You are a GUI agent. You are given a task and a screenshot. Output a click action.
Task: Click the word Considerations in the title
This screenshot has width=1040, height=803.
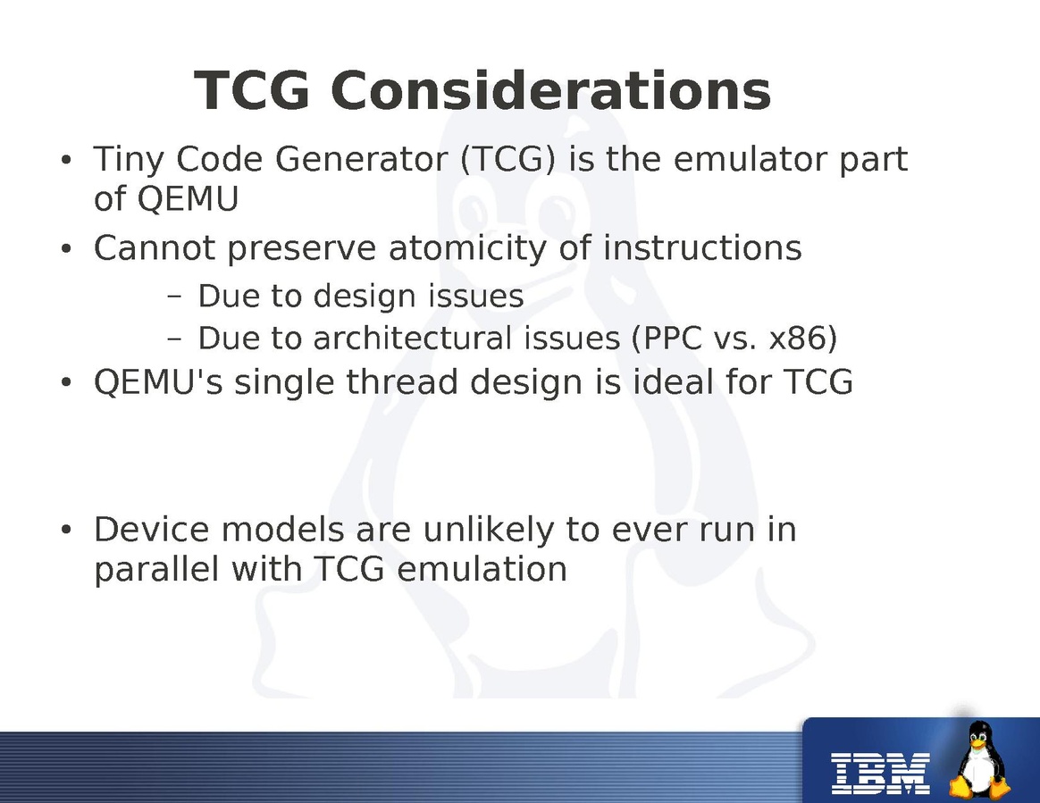click(x=550, y=90)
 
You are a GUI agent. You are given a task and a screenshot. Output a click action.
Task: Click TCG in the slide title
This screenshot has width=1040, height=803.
click(x=252, y=90)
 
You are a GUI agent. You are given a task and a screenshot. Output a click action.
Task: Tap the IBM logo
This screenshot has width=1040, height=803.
click(x=881, y=774)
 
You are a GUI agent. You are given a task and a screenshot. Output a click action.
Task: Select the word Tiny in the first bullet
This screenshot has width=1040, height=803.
click(x=129, y=161)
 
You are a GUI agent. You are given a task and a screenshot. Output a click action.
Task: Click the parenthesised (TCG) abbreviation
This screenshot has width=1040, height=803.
click(x=508, y=161)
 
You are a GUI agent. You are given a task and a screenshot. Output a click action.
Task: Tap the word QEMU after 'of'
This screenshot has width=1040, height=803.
click(x=188, y=199)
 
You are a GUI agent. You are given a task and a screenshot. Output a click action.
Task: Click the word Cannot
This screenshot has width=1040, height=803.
click(x=155, y=248)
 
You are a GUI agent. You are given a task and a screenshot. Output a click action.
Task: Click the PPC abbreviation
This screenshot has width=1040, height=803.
click(x=667, y=339)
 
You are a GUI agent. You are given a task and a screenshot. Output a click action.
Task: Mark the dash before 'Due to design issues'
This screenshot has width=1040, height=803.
click(x=174, y=297)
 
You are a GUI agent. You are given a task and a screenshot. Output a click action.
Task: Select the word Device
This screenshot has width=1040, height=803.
click(x=153, y=530)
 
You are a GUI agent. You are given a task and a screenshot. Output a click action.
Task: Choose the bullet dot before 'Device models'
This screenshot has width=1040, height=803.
click(x=65, y=531)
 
